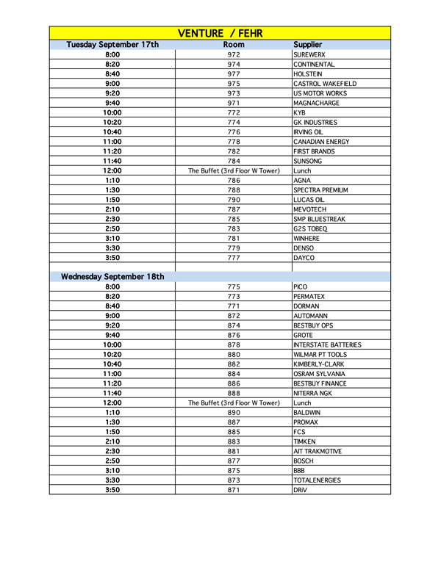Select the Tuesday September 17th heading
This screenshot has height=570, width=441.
coord(112,45)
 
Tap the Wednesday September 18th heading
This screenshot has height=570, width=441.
coord(112,277)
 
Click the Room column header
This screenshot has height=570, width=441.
coord(234,45)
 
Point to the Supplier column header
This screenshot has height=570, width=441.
coord(307,45)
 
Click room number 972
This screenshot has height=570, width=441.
coord(234,55)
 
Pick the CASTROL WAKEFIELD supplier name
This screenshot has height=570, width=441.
coord(320,84)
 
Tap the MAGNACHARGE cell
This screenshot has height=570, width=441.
coord(315,104)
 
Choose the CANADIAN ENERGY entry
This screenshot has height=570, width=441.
coord(318,142)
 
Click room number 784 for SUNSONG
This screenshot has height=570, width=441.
coord(234,161)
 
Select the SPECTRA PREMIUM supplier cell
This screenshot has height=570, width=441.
coord(320,190)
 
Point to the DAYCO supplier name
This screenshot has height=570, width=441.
coord(304,258)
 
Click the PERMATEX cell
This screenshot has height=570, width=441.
coord(309,297)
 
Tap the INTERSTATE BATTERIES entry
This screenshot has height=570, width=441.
coord(327,344)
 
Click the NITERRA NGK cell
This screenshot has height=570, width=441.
coord(313,393)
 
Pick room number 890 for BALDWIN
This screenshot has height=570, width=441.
coord(234,413)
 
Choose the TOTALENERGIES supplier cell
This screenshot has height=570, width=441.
coord(318,480)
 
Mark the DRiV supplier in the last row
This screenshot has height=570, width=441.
coord(301,490)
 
